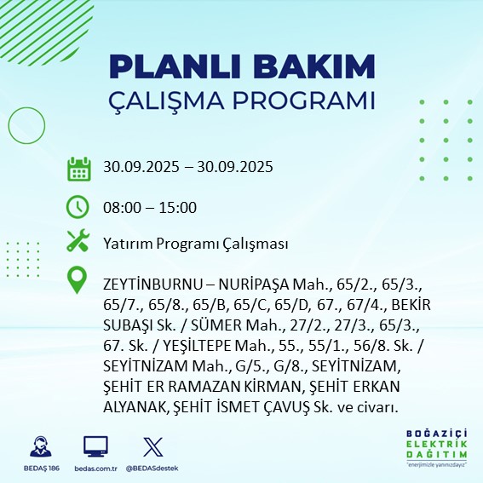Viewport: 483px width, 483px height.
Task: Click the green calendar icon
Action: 78,168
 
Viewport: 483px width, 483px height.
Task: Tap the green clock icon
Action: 78,206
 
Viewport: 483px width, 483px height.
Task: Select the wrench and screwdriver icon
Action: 78,243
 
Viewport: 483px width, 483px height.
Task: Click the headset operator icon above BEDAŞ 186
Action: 38,446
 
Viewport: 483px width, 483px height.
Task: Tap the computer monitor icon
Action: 95,446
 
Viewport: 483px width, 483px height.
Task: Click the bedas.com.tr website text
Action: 95,468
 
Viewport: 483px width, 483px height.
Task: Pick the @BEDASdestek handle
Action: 152,468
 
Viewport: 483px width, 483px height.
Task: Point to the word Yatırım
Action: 126,244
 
